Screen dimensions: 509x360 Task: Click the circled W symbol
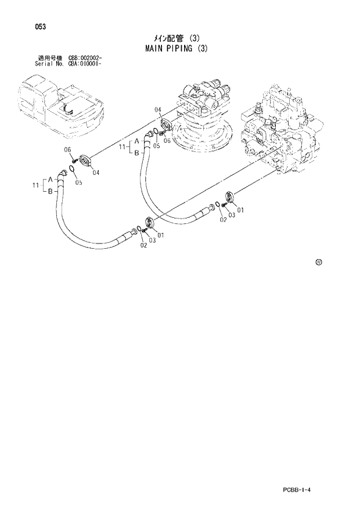tap(318, 262)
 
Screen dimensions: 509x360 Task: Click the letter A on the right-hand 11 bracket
tap(137, 142)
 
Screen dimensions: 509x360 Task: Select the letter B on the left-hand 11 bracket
tap(50, 191)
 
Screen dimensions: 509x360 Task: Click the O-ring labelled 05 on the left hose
tap(71, 170)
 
